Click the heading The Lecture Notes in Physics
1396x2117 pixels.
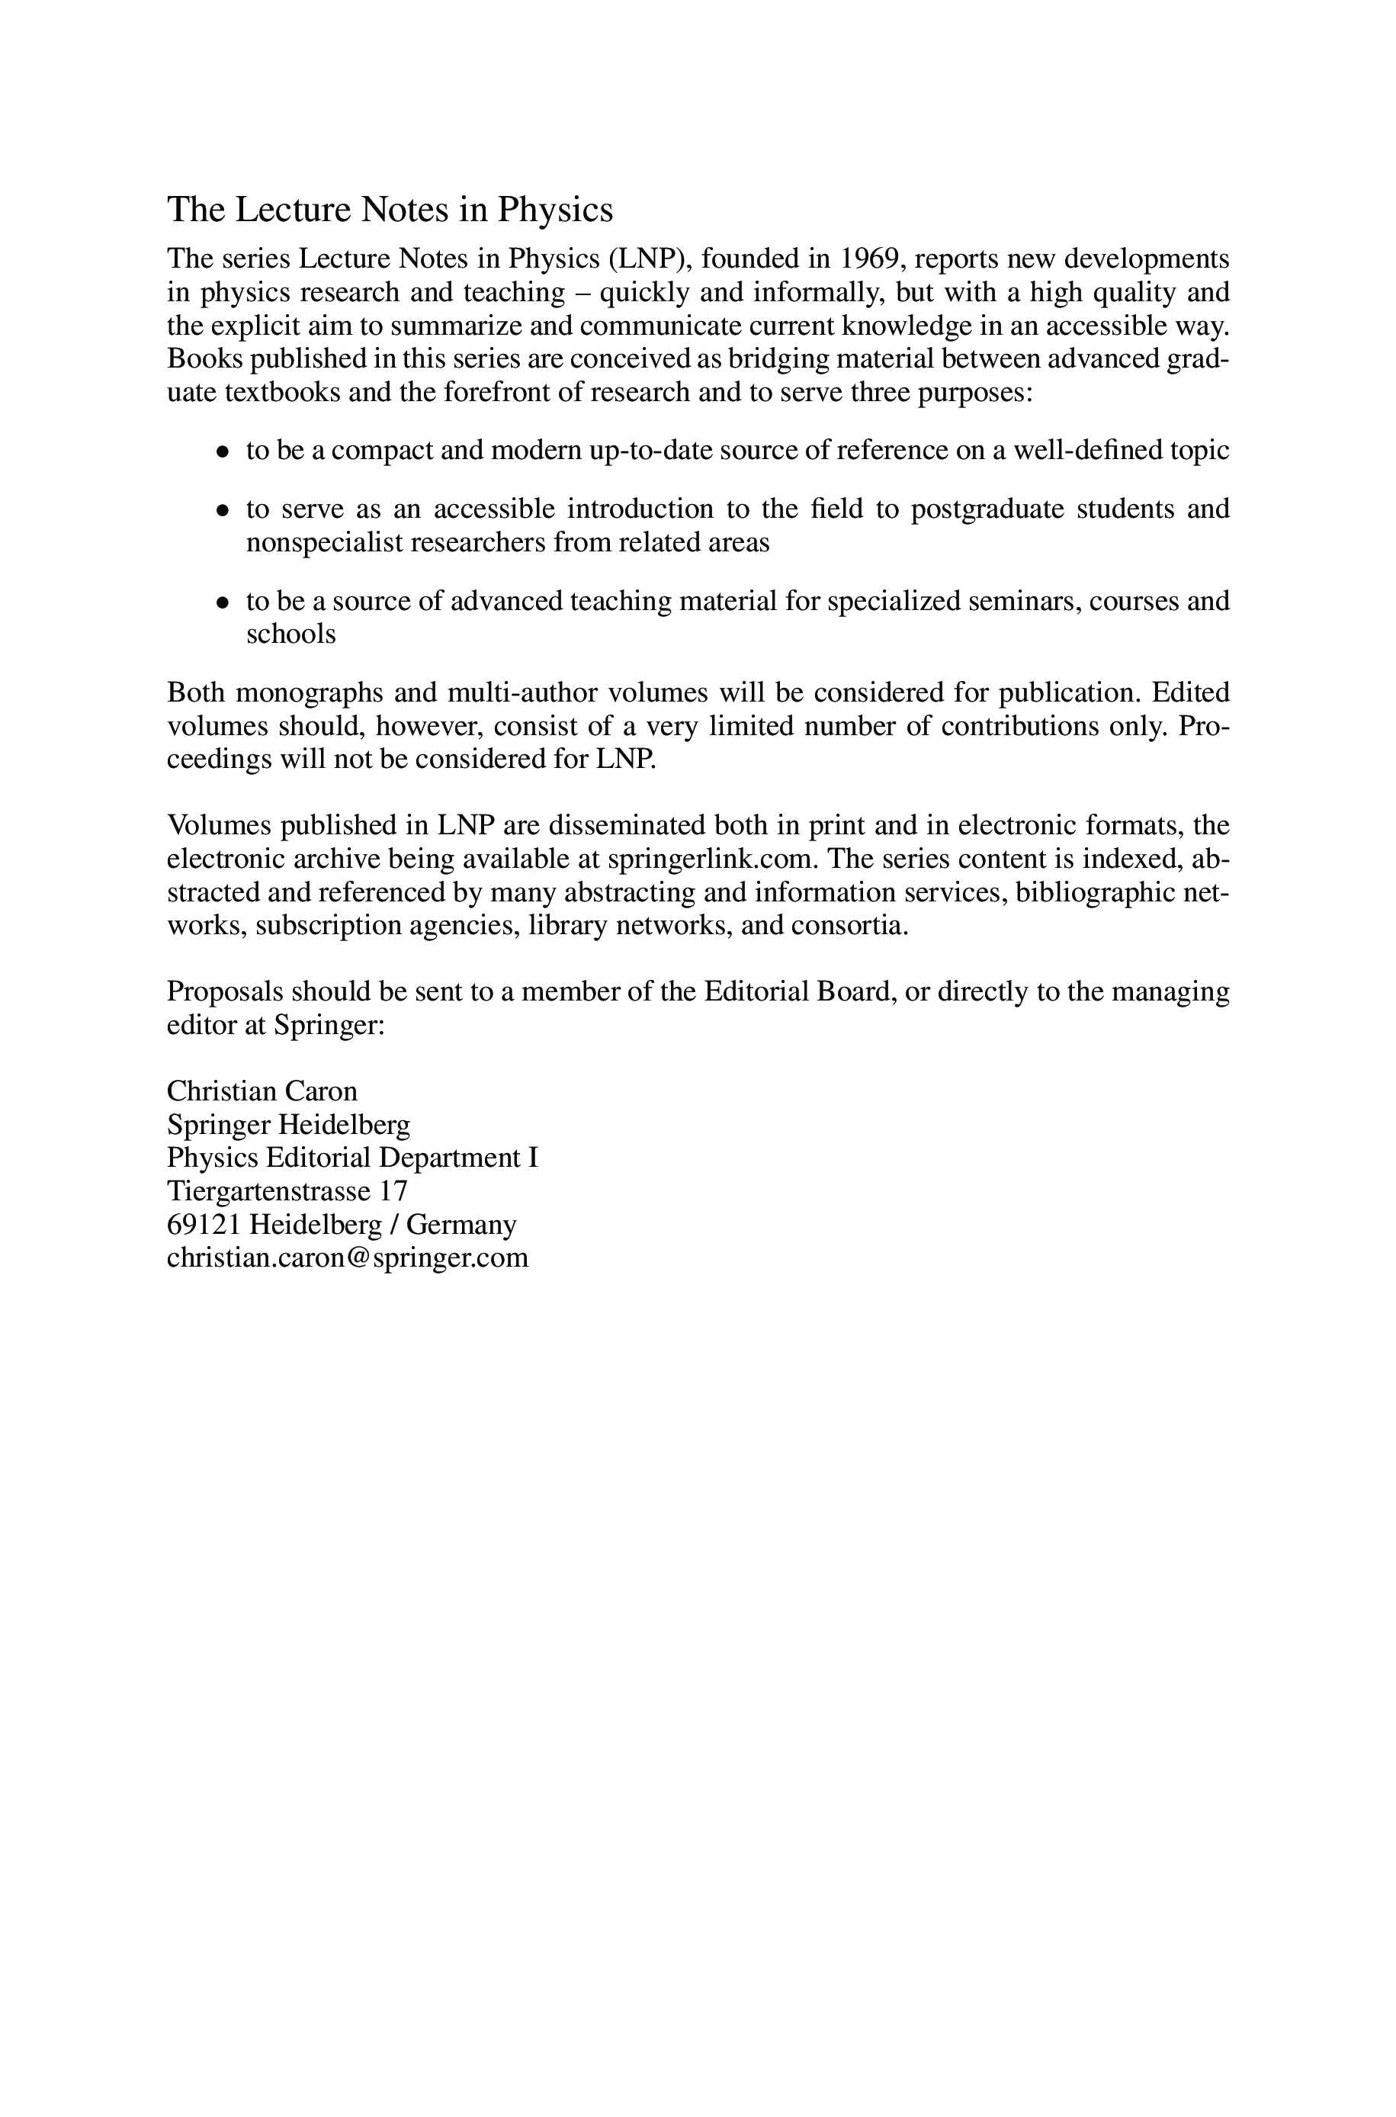click(x=390, y=210)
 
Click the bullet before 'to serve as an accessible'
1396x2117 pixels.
click(x=223, y=511)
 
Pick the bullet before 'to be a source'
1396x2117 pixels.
click(x=223, y=602)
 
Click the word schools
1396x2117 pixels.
click(x=291, y=634)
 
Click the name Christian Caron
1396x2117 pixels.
click(x=262, y=1091)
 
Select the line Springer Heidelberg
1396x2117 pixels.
click(x=288, y=1126)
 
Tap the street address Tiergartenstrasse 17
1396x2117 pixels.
click(x=287, y=1191)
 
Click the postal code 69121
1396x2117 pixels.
click(x=204, y=1225)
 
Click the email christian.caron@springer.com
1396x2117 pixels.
click(x=347, y=1258)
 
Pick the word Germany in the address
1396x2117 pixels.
click(x=461, y=1225)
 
